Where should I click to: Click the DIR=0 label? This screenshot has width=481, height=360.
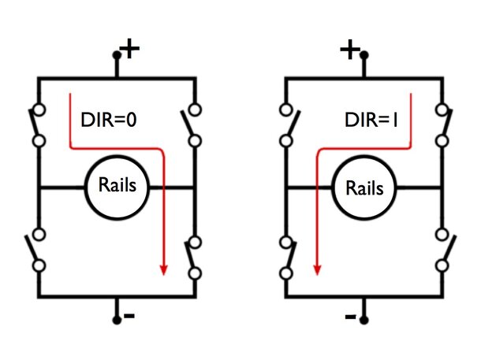pos(109,120)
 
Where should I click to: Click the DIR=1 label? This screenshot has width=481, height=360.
pos(371,120)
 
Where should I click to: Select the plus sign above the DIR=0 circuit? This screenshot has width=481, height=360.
pos(130,48)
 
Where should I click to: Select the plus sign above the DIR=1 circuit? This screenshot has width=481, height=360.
pos(350,49)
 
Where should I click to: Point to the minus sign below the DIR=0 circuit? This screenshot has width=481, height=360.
pos(129,315)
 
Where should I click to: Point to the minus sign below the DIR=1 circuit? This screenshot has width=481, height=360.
pos(351,316)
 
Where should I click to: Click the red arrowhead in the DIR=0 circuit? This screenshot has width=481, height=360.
pos(164,269)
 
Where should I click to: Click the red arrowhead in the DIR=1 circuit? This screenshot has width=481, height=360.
pos(317,269)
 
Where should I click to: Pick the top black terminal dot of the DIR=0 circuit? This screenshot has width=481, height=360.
pos(117,55)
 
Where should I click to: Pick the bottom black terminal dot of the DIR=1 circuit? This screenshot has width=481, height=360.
pos(364,320)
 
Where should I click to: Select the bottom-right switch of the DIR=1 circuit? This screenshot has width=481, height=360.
pos(446,250)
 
